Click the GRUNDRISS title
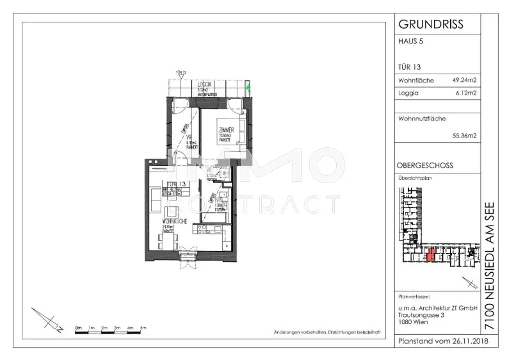pyautogui.click(x=430, y=24)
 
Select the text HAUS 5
pyautogui.click(x=410, y=42)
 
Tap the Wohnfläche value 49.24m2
pyautogui.click(x=464, y=80)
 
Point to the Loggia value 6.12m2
pyautogui.click(x=466, y=93)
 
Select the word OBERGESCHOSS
pyautogui.click(x=425, y=166)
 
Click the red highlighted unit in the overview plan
pyautogui.click(x=432, y=255)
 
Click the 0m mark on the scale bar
pyautogui.click(x=78, y=328)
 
